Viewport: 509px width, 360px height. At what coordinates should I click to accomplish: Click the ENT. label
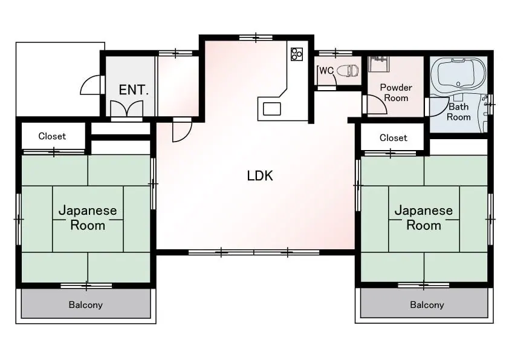[134, 90]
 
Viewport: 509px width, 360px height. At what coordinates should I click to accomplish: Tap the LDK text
[260, 176]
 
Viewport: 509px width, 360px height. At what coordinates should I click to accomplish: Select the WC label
[326, 71]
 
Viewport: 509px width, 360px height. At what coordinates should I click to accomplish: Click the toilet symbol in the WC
[348, 71]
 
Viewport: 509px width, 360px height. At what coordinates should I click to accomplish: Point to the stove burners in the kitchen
[297, 54]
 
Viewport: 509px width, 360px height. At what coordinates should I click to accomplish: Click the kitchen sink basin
[271, 109]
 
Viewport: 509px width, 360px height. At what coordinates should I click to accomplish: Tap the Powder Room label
[396, 93]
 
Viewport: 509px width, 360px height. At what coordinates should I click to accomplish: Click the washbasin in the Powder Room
[378, 64]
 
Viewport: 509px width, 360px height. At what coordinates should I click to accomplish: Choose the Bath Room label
[459, 112]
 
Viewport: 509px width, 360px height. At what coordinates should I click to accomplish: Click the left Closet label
[52, 136]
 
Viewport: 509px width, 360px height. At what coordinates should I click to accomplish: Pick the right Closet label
[393, 138]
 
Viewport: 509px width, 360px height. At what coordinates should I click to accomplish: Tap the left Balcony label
[86, 305]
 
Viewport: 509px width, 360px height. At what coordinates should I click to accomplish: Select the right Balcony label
[427, 305]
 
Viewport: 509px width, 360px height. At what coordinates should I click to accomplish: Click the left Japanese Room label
[88, 218]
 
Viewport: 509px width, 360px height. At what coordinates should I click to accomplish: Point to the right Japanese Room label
[424, 218]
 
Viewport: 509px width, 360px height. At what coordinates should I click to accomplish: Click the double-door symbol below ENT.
[127, 109]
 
